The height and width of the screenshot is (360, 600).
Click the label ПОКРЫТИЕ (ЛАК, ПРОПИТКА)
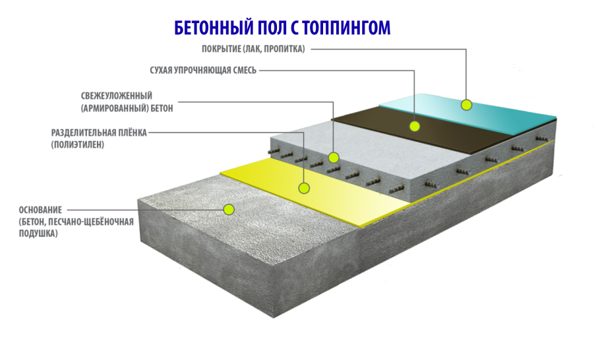(253, 49)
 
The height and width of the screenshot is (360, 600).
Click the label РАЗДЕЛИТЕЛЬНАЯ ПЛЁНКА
(99, 133)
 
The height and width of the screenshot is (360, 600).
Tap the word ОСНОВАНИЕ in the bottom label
(40, 209)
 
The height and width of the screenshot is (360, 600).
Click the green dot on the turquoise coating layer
(466, 104)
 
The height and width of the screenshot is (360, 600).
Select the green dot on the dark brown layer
(415, 125)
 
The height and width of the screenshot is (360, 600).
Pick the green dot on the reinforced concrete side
(334, 158)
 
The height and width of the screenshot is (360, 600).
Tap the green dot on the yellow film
(304, 188)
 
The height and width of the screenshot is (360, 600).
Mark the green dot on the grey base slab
(229, 209)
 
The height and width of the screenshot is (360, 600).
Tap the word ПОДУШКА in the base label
(38, 233)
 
